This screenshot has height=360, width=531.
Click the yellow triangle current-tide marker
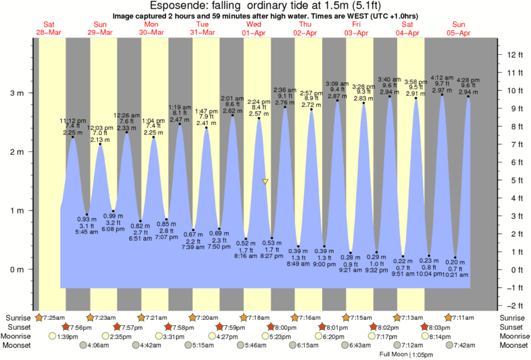click(x=266, y=181)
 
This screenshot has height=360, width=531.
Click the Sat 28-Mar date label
click(x=50, y=28)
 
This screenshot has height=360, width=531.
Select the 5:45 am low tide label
click(x=84, y=233)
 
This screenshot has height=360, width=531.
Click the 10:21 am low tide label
click(x=455, y=275)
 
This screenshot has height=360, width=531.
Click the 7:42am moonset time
click(x=466, y=346)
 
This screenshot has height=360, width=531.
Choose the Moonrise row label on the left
click(x=18, y=337)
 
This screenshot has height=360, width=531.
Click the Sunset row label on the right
click(x=512, y=327)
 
